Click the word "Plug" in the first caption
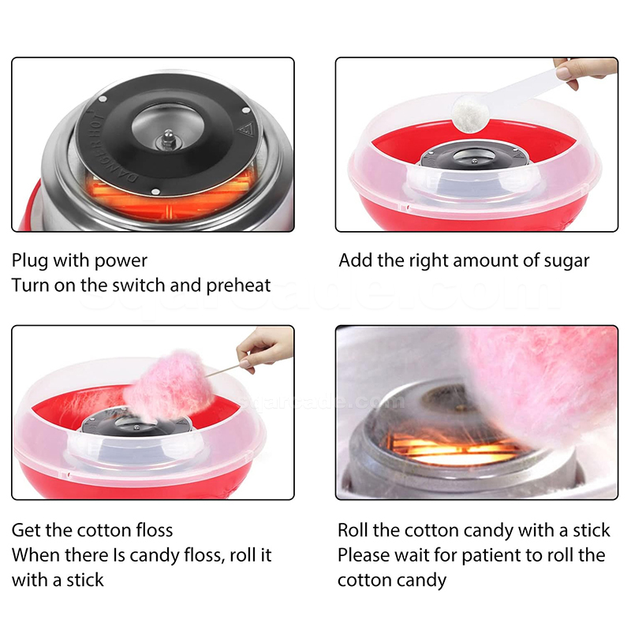pyautogui.click(x=29, y=261)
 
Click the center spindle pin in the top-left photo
pyautogui.click(x=169, y=139)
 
